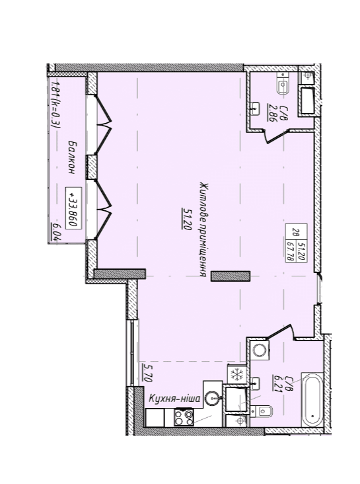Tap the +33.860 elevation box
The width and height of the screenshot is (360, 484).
pos(73,208)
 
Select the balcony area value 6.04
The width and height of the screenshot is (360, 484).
pos(56,231)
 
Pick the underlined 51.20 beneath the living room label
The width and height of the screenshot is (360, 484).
pos(187,219)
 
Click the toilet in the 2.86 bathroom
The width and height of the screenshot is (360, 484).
pos(283,84)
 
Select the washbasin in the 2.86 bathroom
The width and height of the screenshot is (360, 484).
pos(254,108)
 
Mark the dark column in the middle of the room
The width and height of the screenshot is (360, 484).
pos(231,276)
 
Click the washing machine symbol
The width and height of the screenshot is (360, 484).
pos(259,350)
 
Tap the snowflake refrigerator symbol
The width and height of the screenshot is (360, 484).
pos(236,375)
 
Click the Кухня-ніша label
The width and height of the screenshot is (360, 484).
pos(174,399)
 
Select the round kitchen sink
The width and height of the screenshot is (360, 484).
pos(213,397)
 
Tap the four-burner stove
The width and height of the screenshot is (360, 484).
pos(184,417)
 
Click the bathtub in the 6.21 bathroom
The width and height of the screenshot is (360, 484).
pos(312,400)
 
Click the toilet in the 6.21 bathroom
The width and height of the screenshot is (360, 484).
pos(262,411)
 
